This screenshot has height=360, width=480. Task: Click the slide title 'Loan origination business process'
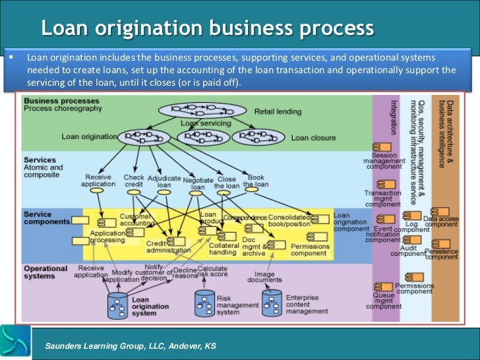click(x=208, y=28)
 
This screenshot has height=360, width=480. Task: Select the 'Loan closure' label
click(x=313, y=138)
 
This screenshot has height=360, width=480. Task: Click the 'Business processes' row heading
click(x=61, y=101)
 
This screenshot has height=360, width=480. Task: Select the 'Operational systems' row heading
click(x=45, y=272)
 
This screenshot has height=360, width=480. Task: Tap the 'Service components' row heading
click(x=47, y=218)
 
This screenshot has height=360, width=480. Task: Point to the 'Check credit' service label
click(x=134, y=181)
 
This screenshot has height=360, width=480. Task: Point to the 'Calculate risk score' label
click(x=212, y=272)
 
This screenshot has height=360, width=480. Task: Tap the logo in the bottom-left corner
click(x=15, y=342)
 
